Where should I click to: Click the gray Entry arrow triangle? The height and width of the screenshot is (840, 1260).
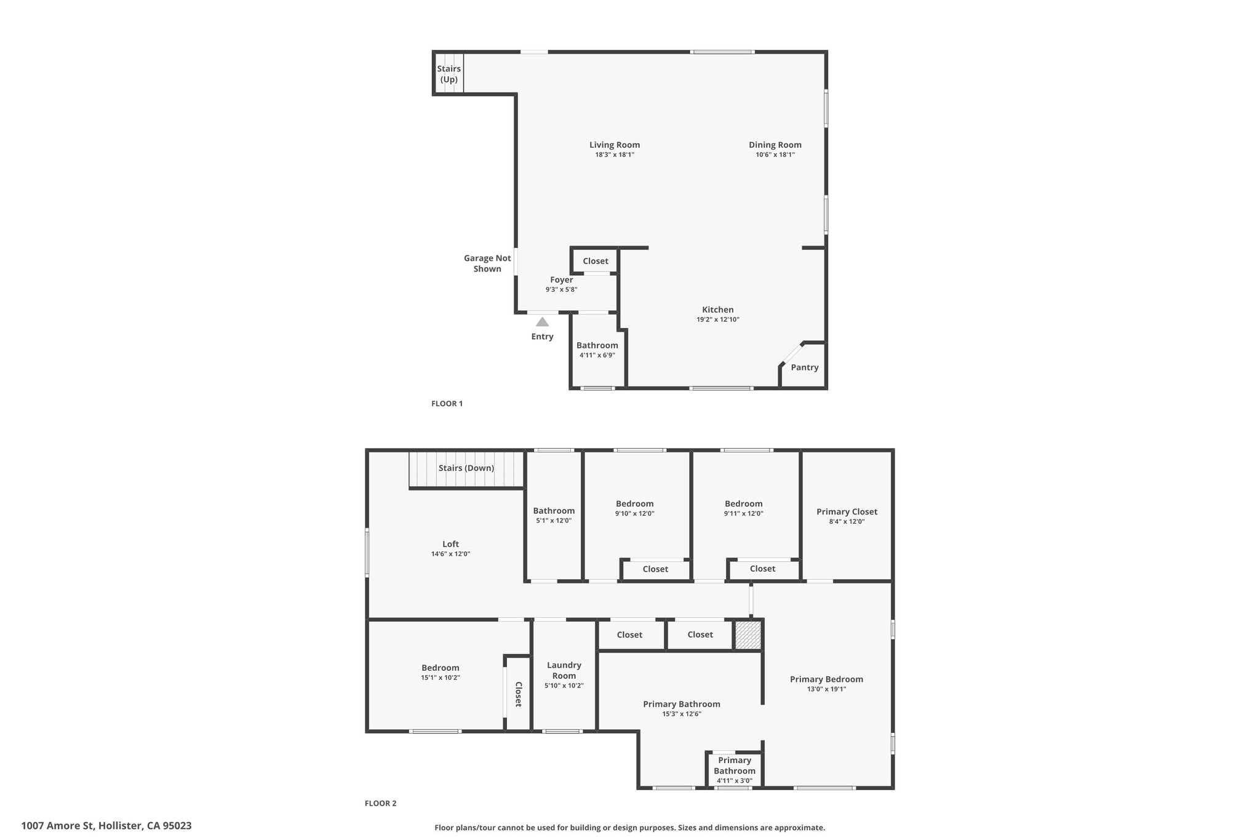click(542, 322)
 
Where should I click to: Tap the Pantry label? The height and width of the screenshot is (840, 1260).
click(805, 367)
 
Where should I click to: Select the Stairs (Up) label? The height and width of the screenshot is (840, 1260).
click(449, 74)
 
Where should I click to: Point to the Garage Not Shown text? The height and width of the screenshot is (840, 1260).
click(487, 263)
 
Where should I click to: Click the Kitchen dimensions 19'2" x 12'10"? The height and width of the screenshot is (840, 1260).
click(718, 320)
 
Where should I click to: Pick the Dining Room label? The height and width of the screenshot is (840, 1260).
click(775, 145)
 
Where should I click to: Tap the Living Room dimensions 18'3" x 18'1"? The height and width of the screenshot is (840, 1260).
click(615, 155)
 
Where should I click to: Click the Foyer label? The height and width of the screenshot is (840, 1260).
click(562, 280)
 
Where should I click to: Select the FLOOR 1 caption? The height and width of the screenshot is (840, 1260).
click(447, 404)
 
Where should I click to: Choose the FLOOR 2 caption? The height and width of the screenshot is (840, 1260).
click(381, 803)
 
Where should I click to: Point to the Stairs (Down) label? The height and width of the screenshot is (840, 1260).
click(466, 468)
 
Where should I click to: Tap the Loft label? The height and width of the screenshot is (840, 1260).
click(451, 544)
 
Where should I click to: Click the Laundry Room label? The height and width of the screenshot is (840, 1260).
click(564, 670)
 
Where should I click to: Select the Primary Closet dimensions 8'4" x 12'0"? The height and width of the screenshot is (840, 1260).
click(847, 522)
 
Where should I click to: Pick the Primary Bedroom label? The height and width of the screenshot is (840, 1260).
click(827, 679)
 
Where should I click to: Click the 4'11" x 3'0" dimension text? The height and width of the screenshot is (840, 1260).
click(735, 781)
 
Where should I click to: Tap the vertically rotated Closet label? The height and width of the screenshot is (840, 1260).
click(518, 694)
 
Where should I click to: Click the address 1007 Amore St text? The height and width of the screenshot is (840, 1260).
click(59, 826)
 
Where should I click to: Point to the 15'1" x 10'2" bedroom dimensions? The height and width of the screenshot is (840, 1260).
click(441, 678)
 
